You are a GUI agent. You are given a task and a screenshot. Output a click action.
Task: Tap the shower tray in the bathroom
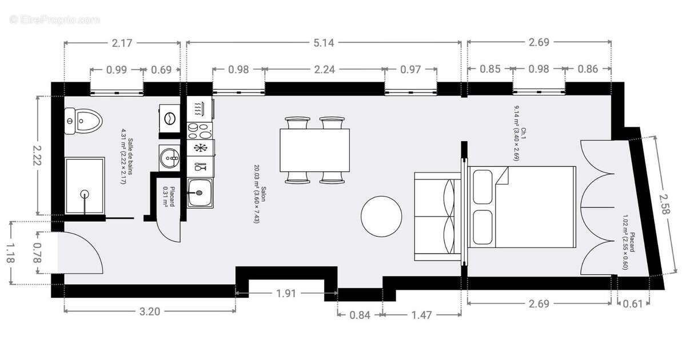pyautogui.click(x=85, y=187)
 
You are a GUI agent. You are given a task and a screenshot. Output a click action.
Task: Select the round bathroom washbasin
pyautogui.click(x=169, y=157)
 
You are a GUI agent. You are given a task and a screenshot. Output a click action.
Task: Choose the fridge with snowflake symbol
pyautogui.click(x=200, y=148)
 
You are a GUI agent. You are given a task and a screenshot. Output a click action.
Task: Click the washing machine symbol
pyautogui.click(x=170, y=118)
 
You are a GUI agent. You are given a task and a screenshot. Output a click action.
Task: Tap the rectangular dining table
pyautogui.click(x=315, y=149)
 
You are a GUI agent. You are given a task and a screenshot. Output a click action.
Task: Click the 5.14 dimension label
pyautogui.click(x=324, y=42)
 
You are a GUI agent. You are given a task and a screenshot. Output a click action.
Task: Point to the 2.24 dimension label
pyautogui.click(x=324, y=70)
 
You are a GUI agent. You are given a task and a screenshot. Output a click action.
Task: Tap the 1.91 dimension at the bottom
pyautogui.click(x=285, y=294)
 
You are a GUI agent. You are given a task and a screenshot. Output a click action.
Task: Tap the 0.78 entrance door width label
pyautogui.click(x=38, y=253)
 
